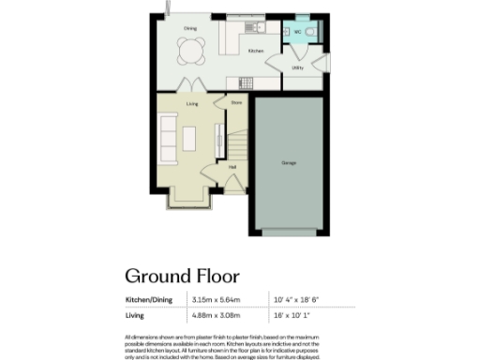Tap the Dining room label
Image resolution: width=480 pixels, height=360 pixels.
pyautogui.click(x=190, y=29)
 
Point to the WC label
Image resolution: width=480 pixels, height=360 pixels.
pyautogui.click(x=297, y=32)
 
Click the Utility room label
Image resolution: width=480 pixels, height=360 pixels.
pyautogui.click(x=297, y=68)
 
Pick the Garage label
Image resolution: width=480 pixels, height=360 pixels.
pyautogui.click(x=290, y=163)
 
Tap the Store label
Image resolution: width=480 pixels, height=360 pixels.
pyautogui.click(x=236, y=103)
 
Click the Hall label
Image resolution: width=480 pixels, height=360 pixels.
pyautogui.click(x=232, y=168)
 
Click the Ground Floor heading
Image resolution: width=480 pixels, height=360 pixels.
pyautogui.click(x=183, y=276)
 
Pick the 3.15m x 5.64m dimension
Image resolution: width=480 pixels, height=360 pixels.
pyautogui.click(x=217, y=300)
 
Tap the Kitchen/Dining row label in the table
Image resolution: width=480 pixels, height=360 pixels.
pyautogui.click(x=150, y=300)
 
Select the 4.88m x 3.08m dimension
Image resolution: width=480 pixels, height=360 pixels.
pyautogui.click(x=217, y=317)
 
